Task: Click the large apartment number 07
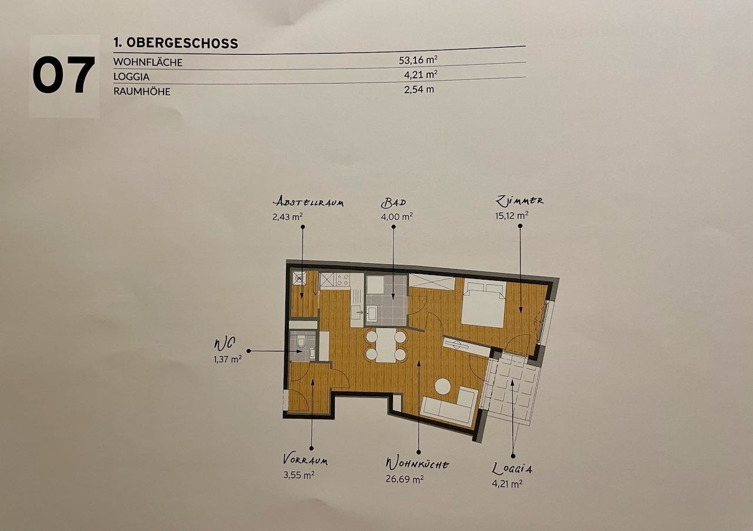click(64, 75)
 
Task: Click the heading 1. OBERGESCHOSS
click(176, 43)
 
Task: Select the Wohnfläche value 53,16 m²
click(418, 60)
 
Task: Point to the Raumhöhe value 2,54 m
click(419, 89)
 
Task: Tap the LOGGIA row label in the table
click(131, 77)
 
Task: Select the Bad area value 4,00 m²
click(397, 217)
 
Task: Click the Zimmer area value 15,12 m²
click(511, 215)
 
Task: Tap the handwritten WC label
click(225, 344)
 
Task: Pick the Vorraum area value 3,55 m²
click(299, 475)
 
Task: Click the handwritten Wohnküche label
click(417, 464)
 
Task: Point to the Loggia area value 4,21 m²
click(507, 484)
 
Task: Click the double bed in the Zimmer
click(484, 304)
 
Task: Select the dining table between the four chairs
click(387, 345)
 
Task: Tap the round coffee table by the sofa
click(442, 386)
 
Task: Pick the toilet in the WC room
click(301, 341)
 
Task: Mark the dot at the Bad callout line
click(394, 227)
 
